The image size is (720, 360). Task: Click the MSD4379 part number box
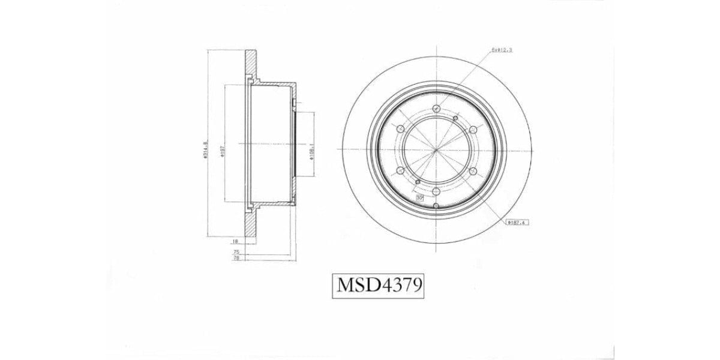[x=378, y=286]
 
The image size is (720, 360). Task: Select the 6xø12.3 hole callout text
[x=501, y=50]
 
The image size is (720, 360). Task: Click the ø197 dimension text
[x=223, y=150]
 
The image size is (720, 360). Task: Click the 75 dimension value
[x=236, y=252]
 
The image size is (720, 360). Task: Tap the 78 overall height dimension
[x=236, y=258]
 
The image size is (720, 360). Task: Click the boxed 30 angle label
[x=419, y=196]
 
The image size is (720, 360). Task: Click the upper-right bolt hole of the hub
[x=473, y=128]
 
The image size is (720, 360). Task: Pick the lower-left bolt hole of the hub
[x=399, y=171]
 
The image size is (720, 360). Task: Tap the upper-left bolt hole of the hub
[x=399, y=128]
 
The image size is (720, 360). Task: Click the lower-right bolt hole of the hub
[x=473, y=171]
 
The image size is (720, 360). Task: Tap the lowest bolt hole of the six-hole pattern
[x=436, y=192]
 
